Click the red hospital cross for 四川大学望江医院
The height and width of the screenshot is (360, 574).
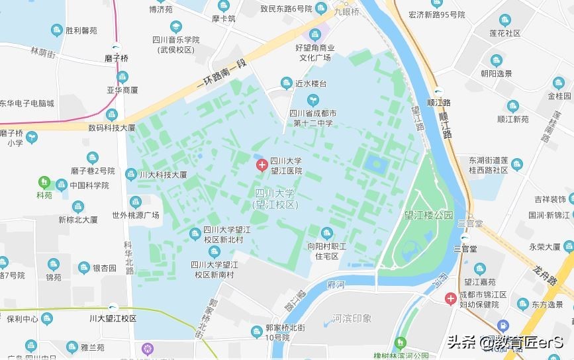tap(262, 162)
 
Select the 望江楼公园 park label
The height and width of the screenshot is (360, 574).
tap(429, 216)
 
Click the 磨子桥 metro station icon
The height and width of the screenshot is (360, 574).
tap(117, 47)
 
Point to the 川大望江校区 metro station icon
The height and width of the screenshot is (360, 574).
tap(113, 307)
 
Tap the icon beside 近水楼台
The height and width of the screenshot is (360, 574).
tap(286, 83)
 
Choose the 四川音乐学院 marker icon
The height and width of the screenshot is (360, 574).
tap(175, 27)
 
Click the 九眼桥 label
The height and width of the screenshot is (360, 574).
tap(346, 12)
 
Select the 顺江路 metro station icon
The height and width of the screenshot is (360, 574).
tap(438, 93)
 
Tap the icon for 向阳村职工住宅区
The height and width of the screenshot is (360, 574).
tap(326, 233)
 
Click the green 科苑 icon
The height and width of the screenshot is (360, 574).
tap(44, 181)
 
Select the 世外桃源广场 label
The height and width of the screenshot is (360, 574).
tap(136, 215)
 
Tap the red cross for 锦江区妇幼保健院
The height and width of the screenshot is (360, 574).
tap(450, 299)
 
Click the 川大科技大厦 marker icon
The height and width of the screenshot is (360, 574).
tap(131, 174)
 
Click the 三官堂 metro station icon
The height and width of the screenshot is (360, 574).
tap(465, 238)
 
